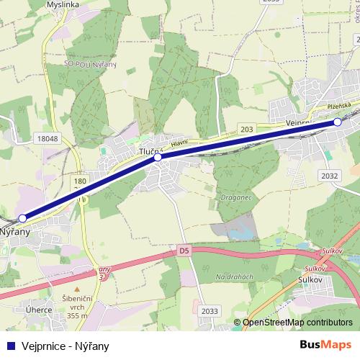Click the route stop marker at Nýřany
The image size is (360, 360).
click(x=23, y=217)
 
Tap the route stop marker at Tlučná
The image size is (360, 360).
click(x=158, y=157)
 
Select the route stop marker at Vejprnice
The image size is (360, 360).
click(x=338, y=122)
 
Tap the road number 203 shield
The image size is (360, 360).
click(x=247, y=128)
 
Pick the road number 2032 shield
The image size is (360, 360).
click(x=330, y=176)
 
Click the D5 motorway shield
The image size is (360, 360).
click(x=184, y=251)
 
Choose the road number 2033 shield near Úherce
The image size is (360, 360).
click(x=210, y=310)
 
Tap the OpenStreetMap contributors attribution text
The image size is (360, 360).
click(x=297, y=323)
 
